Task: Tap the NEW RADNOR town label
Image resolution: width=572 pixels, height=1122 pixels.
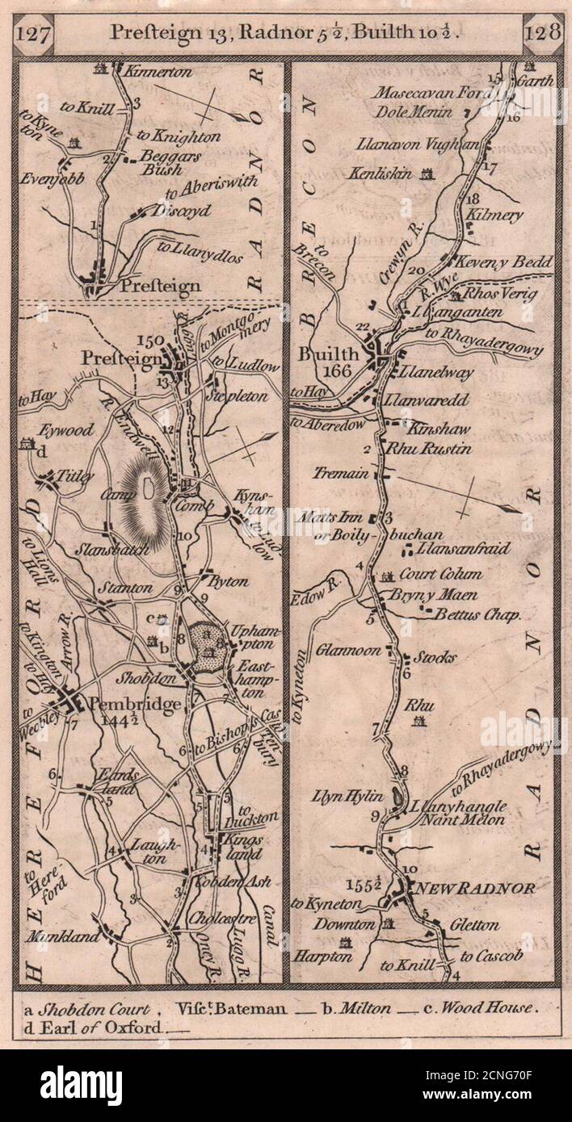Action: (474, 889)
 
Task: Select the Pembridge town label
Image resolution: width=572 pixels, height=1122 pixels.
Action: (135, 704)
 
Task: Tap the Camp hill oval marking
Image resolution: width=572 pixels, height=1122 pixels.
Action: (147, 488)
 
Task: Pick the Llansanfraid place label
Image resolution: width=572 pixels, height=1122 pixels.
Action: (464, 549)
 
